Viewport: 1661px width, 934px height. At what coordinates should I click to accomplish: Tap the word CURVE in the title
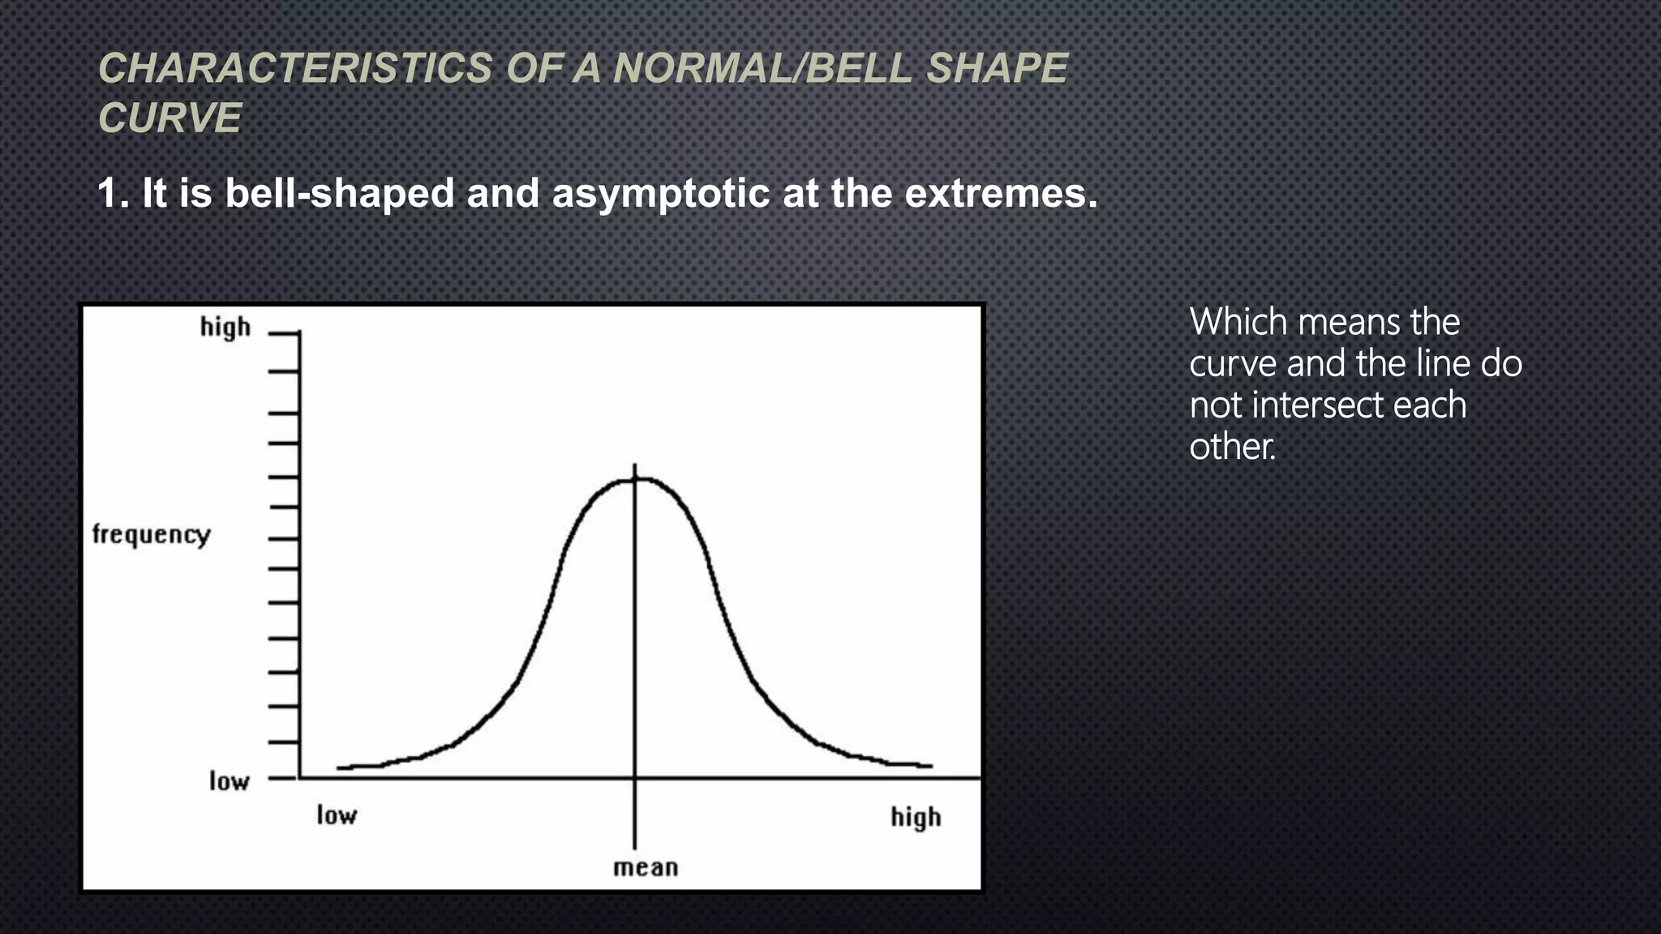[170, 118]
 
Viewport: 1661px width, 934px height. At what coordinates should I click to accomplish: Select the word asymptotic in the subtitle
[660, 194]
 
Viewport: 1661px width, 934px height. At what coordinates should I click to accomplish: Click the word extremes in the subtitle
[1000, 194]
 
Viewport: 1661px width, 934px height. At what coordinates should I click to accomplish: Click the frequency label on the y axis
[151, 534]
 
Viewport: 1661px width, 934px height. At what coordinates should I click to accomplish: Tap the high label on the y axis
[225, 328]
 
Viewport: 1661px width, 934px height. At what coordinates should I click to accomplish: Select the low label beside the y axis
[229, 781]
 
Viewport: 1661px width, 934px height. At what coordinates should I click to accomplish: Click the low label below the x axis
[337, 815]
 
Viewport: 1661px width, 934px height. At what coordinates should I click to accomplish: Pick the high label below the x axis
[916, 817]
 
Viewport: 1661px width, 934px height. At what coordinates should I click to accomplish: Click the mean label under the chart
[646, 868]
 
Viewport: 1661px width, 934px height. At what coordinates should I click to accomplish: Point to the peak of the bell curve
[635, 479]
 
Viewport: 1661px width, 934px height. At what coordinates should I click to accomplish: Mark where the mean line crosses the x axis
[635, 778]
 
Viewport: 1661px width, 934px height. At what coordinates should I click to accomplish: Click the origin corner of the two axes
[299, 778]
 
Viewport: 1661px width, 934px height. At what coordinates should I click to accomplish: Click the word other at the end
[1230, 447]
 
